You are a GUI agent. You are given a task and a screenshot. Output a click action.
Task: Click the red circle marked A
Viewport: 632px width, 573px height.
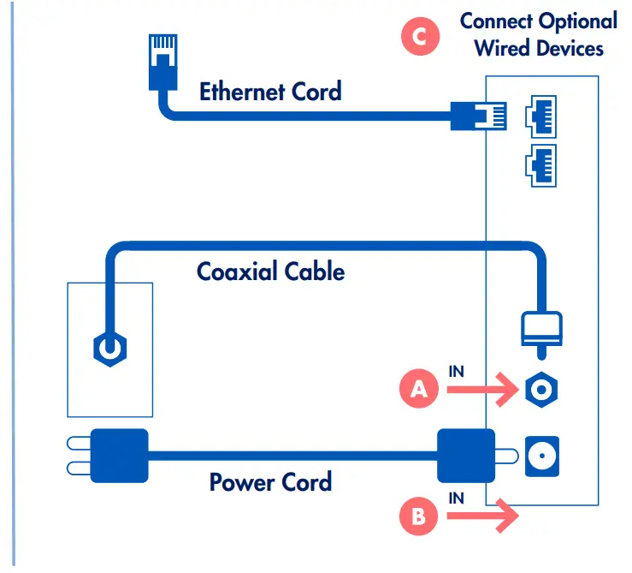[x=418, y=390]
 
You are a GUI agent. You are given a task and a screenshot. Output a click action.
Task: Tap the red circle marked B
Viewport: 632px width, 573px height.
[x=418, y=516]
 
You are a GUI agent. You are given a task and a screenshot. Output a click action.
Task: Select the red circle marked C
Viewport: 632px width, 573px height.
[x=420, y=37]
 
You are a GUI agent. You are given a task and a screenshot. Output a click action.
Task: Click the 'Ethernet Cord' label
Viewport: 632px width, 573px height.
[x=270, y=91]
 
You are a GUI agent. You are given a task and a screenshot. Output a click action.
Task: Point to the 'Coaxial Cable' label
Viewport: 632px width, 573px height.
[x=270, y=272]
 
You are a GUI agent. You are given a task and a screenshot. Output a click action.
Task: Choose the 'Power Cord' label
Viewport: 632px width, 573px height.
[x=270, y=481]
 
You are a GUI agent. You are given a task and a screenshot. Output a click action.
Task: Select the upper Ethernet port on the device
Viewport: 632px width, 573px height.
[x=542, y=114]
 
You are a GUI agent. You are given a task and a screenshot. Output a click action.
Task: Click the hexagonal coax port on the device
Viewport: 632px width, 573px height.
[x=542, y=391]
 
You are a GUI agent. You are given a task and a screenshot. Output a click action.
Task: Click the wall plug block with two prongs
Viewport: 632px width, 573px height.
[x=120, y=456]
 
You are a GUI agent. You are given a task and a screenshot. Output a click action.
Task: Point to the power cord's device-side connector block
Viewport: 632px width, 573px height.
[x=466, y=456]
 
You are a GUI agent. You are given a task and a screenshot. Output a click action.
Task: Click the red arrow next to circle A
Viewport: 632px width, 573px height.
[x=482, y=391]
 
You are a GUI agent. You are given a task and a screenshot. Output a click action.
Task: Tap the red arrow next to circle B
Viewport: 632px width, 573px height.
[x=482, y=516]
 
